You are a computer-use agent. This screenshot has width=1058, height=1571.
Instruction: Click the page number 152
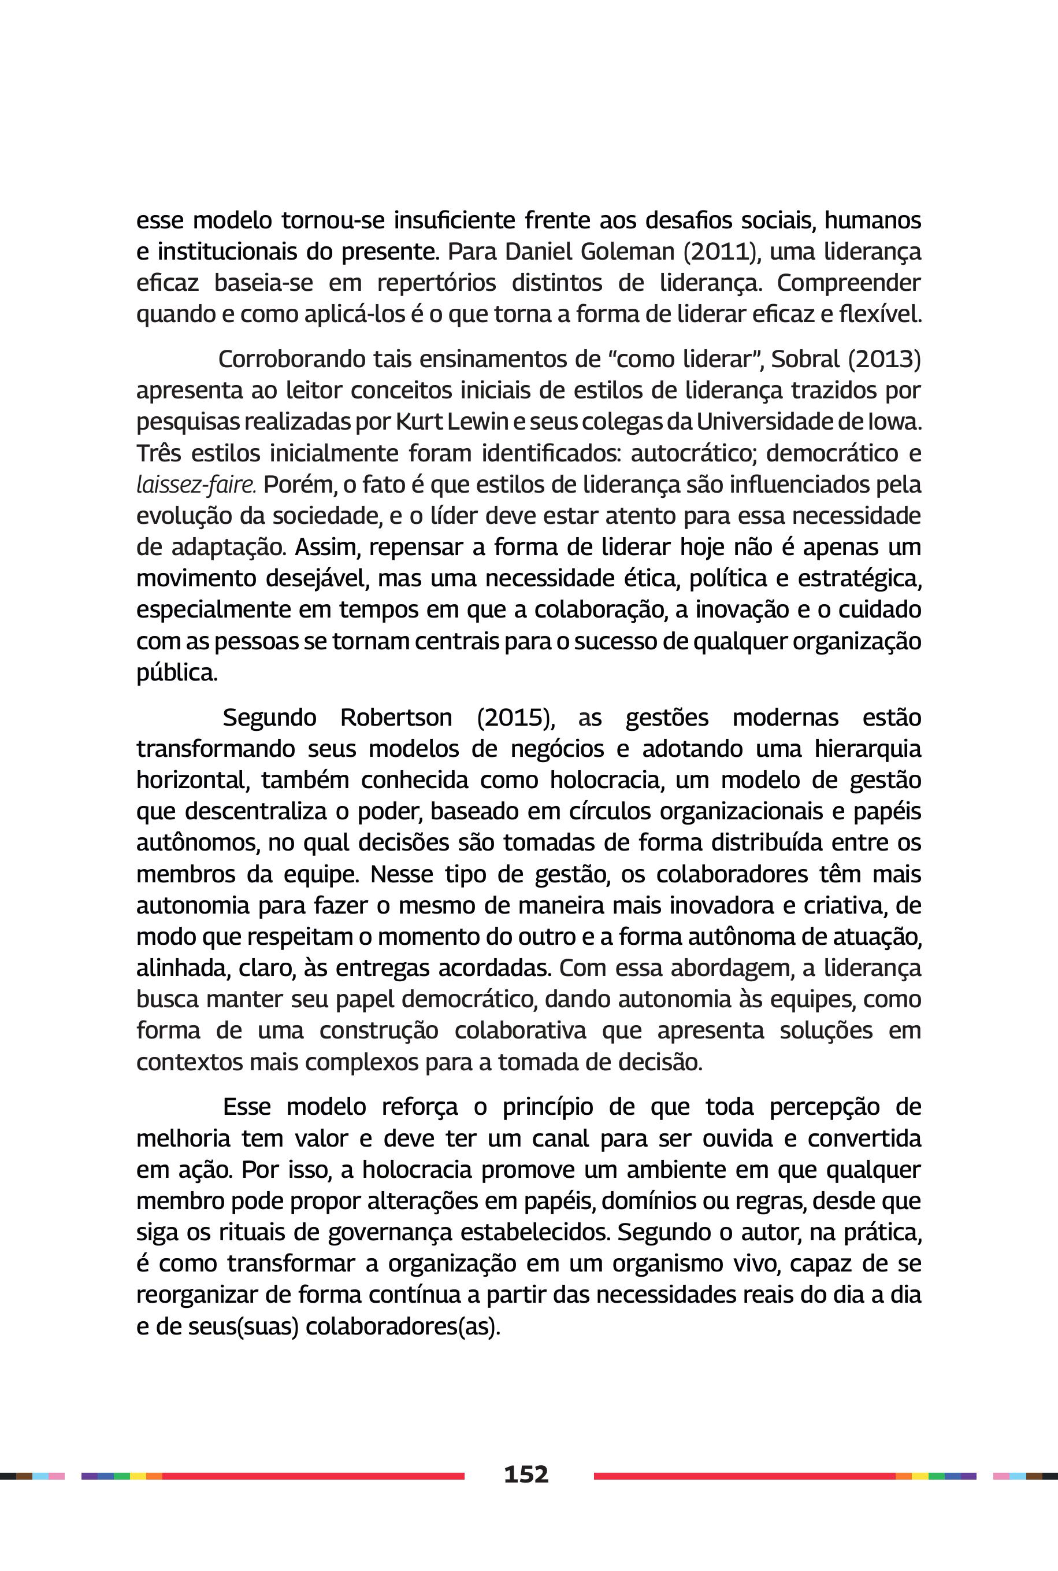click(526, 1474)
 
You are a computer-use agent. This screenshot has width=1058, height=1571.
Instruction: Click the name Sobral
click(805, 358)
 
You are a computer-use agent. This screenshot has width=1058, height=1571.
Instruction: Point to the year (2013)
click(884, 358)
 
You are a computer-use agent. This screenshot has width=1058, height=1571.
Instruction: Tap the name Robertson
click(396, 717)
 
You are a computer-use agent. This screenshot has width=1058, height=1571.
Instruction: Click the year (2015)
click(515, 717)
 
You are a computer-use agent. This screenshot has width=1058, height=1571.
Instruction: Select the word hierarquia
click(867, 748)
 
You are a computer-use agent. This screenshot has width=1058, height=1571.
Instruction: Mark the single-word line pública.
click(177, 672)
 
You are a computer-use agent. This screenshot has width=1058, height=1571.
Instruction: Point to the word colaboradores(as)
click(403, 1326)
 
